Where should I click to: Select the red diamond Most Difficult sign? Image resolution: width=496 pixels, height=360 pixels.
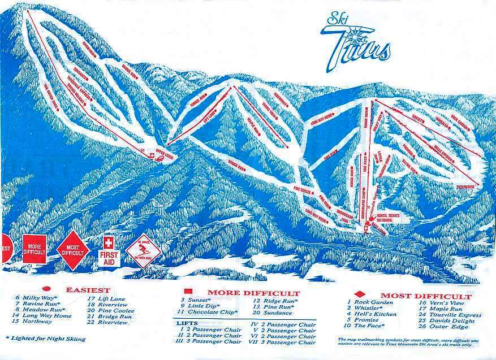[72, 249]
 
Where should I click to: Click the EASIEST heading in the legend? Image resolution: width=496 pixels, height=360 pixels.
[88, 290]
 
